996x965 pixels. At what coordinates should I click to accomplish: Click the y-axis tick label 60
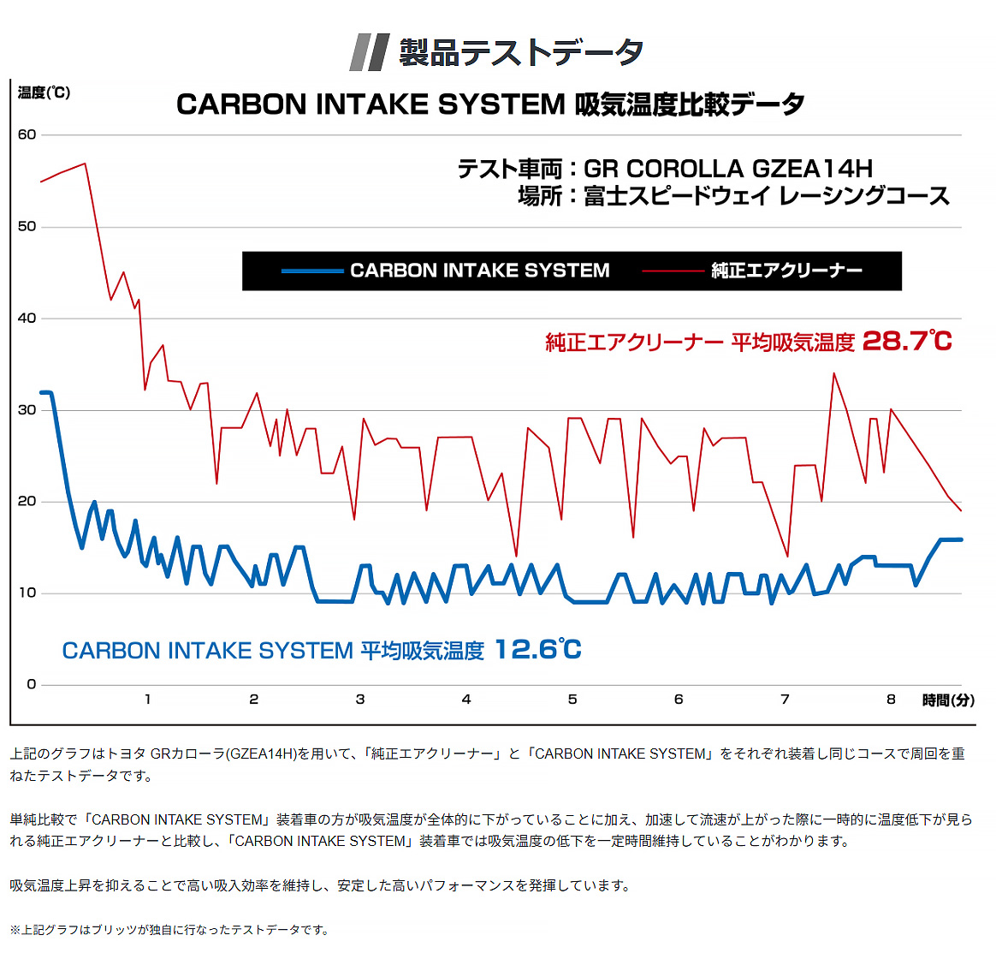pos(27,134)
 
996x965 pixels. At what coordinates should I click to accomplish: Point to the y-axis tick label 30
pos(27,410)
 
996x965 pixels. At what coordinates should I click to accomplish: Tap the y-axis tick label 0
pos(32,684)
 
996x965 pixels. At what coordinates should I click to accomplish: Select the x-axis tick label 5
pos(572,700)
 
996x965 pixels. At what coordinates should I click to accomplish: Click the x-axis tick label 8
pos(891,700)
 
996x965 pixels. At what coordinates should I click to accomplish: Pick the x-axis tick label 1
pos(148,700)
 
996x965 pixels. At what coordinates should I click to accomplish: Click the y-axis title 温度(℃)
pos(44,92)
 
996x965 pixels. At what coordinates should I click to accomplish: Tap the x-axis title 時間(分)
pos(948,700)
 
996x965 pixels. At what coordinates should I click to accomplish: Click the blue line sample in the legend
pos(312,271)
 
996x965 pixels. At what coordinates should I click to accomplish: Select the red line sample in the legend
pos(673,271)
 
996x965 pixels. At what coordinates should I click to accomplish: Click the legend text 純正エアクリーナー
pos(786,271)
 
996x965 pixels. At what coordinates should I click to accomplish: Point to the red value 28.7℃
pos(907,342)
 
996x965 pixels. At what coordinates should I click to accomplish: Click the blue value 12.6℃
pos(538,650)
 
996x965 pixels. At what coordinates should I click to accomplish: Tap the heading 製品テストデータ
pos(521,52)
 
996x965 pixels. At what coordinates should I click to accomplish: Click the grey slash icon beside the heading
pos(370,52)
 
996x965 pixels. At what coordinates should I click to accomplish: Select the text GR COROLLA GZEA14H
pos(728,169)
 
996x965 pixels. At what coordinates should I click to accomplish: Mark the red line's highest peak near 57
pos(85,164)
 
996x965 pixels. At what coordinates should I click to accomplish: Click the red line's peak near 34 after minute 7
pos(833,373)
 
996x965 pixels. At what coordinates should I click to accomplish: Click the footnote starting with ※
pos(169,930)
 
